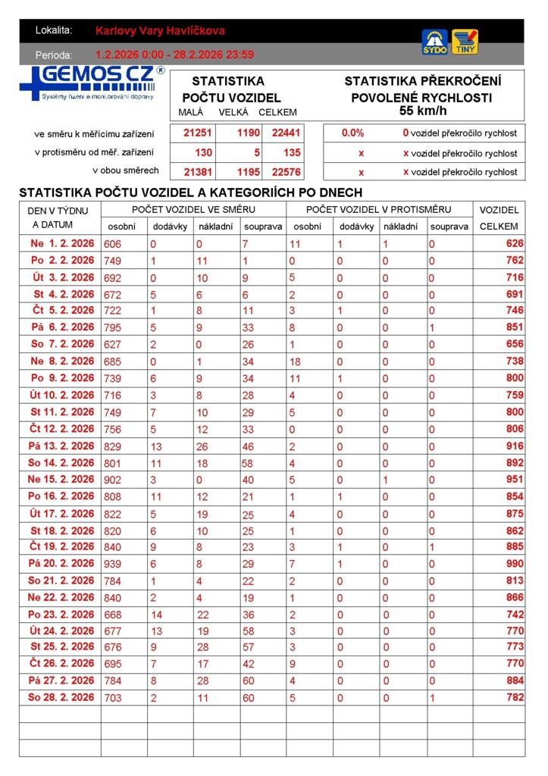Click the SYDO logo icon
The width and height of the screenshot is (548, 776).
[x=434, y=42]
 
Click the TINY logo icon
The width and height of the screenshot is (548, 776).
[x=465, y=42]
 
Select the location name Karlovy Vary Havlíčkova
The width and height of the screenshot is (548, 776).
[x=160, y=31]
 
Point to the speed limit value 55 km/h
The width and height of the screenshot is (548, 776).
[x=422, y=111]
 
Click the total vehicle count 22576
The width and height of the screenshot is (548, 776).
[x=286, y=172]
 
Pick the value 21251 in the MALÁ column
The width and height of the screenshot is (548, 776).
[x=198, y=133]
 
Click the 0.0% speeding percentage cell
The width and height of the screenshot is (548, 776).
[x=352, y=133]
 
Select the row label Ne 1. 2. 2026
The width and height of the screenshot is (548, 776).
[x=62, y=244]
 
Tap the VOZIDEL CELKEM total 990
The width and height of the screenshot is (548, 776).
[x=515, y=563]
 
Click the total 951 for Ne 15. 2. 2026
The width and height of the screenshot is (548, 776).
[x=515, y=479]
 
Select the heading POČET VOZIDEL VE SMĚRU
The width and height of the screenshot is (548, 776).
[x=193, y=209]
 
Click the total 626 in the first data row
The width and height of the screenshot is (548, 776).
[x=515, y=244]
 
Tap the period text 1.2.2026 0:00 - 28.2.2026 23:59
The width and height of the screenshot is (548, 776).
[x=174, y=55]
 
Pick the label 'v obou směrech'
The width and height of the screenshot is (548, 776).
[x=125, y=171]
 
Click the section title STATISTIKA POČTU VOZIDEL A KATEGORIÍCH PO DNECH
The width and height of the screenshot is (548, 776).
[x=190, y=192]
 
